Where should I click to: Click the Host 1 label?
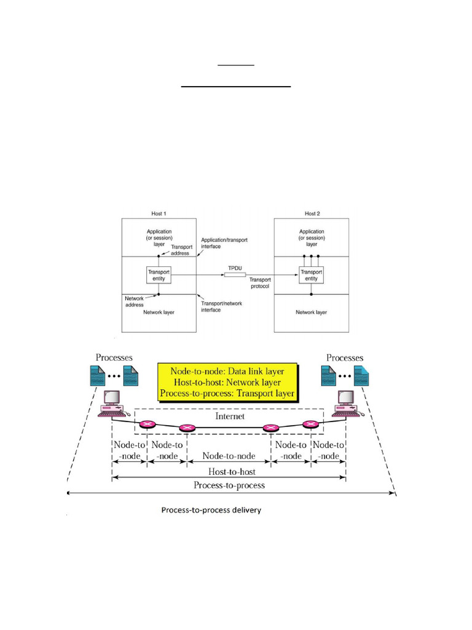click(x=158, y=213)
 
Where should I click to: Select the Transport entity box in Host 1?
click(x=158, y=275)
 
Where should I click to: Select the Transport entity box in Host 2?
click(x=311, y=275)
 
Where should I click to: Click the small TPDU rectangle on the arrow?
click(x=234, y=274)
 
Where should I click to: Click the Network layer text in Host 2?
click(x=311, y=312)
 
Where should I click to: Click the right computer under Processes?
click(x=345, y=403)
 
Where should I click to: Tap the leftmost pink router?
click(x=147, y=424)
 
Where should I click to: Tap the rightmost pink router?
click(x=310, y=424)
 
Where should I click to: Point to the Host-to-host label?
click(x=229, y=472)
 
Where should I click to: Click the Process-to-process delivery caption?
click(x=211, y=510)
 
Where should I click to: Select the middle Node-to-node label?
click(x=229, y=456)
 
